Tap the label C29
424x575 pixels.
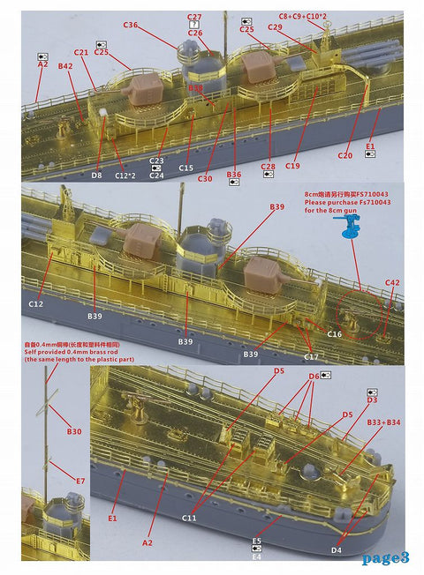coord(275,27)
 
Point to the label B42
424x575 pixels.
coord(65,66)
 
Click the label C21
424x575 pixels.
coord(81,53)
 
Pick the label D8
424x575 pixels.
coord(96,175)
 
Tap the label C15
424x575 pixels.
coord(185,168)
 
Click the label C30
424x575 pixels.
coord(205,179)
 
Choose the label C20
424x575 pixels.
coord(344,156)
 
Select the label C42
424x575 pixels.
coord(392,282)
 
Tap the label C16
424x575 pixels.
coord(335,334)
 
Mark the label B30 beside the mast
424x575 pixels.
coord(75,431)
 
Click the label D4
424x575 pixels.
coord(336,550)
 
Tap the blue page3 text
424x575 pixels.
coord(385,557)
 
